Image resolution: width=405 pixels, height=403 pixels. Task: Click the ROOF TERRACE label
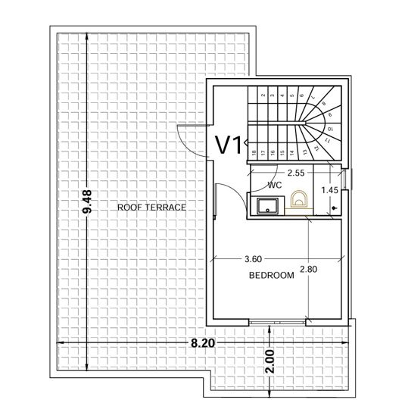pos(151,207)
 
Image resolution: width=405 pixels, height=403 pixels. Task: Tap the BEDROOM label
pos(271,275)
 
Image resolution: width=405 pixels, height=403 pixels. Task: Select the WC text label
pos(275,184)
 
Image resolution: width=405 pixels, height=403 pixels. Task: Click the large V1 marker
pos(229,145)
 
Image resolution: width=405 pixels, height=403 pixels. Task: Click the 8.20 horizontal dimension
pos(203,343)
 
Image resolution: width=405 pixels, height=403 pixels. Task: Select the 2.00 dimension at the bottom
pos(272,364)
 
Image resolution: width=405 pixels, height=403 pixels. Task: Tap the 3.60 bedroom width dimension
pos(254,259)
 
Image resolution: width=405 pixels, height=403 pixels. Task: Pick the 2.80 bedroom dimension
pos(310,269)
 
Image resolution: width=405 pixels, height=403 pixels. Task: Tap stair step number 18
pos(253,152)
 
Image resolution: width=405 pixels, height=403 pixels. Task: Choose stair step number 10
pos(330,130)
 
